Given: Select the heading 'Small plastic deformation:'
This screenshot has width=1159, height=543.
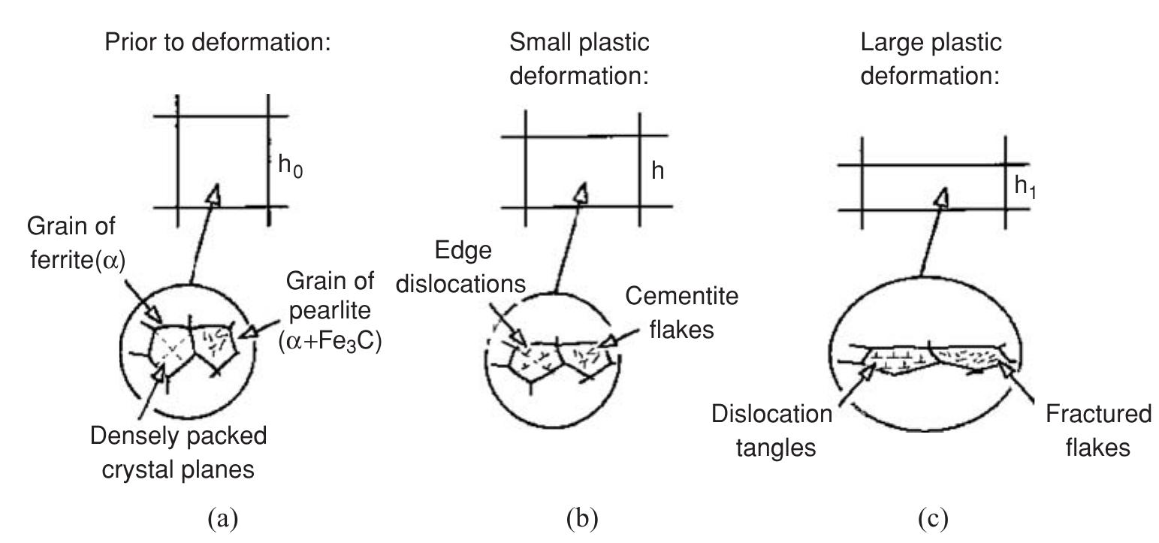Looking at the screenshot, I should (x=579, y=59).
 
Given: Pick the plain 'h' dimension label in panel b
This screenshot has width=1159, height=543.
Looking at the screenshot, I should (x=657, y=171).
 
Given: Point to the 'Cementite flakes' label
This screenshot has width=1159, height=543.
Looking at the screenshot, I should (x=681, y=312).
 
